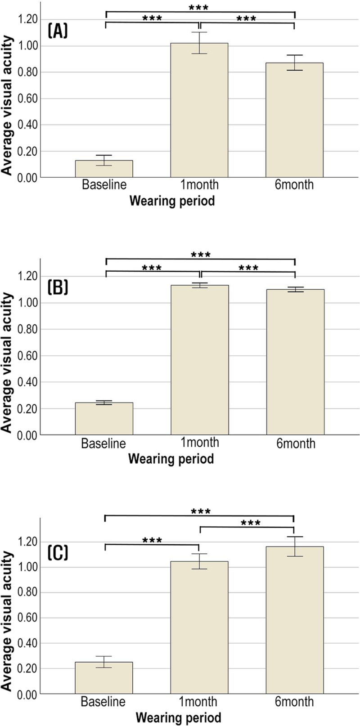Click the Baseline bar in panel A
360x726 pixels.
104,169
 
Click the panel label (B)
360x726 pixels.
58,287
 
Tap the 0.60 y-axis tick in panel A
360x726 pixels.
27,99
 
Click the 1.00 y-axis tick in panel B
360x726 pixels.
27,303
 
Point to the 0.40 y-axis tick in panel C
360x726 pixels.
27,643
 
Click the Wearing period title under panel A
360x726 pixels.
172,201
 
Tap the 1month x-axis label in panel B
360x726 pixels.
198,443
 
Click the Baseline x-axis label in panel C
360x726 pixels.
103,702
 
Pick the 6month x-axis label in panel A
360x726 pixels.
295,184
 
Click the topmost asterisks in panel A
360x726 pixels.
198,8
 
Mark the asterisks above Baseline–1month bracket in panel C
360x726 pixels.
152,540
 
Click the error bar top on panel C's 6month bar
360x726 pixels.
294,537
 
